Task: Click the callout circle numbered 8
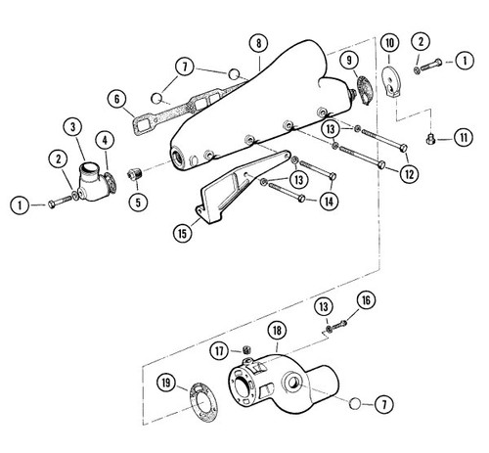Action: click(x=256, y=43)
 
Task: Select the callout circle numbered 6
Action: click(x=116, y=98)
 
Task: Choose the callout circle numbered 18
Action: click(x=277, y=333)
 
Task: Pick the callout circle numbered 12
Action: click(x=409, y=174)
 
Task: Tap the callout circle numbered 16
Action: click(x=364, y=299)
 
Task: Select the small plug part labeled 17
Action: click(x=248, y=350)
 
